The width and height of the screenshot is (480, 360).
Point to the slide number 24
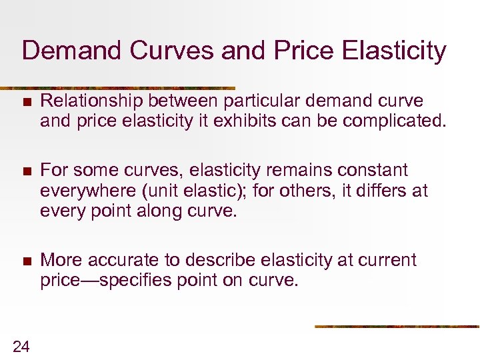point(21,345)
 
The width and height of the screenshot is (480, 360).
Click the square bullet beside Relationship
point(26,102)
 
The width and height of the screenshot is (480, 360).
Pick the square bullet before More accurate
point(26,261)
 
